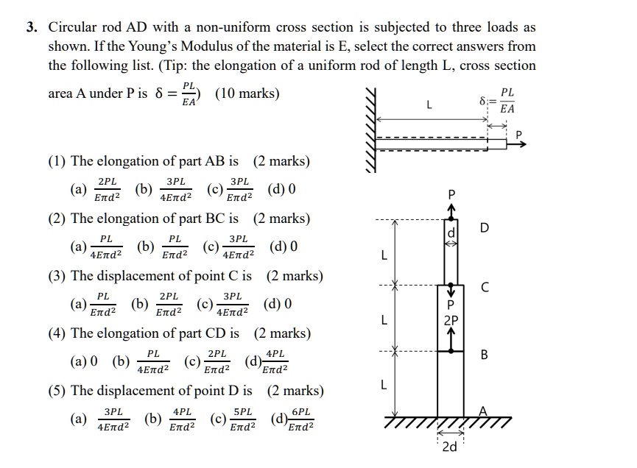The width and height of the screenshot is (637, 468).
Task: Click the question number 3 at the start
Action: [32, 28]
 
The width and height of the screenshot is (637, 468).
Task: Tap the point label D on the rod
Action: [484, 228]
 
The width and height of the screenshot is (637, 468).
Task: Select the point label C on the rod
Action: [484, 287]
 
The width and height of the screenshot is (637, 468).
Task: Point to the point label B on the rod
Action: [484, 355]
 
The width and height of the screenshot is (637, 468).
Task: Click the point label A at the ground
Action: [483, 411]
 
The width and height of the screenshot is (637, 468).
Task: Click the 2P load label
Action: [451, 320]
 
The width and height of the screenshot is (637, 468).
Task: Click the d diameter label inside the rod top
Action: [453, 233]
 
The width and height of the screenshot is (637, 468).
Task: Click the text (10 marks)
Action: [247, 94]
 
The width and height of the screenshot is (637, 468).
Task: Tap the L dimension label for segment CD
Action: [383, 257]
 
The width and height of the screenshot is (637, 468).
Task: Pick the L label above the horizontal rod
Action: [429, 105]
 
